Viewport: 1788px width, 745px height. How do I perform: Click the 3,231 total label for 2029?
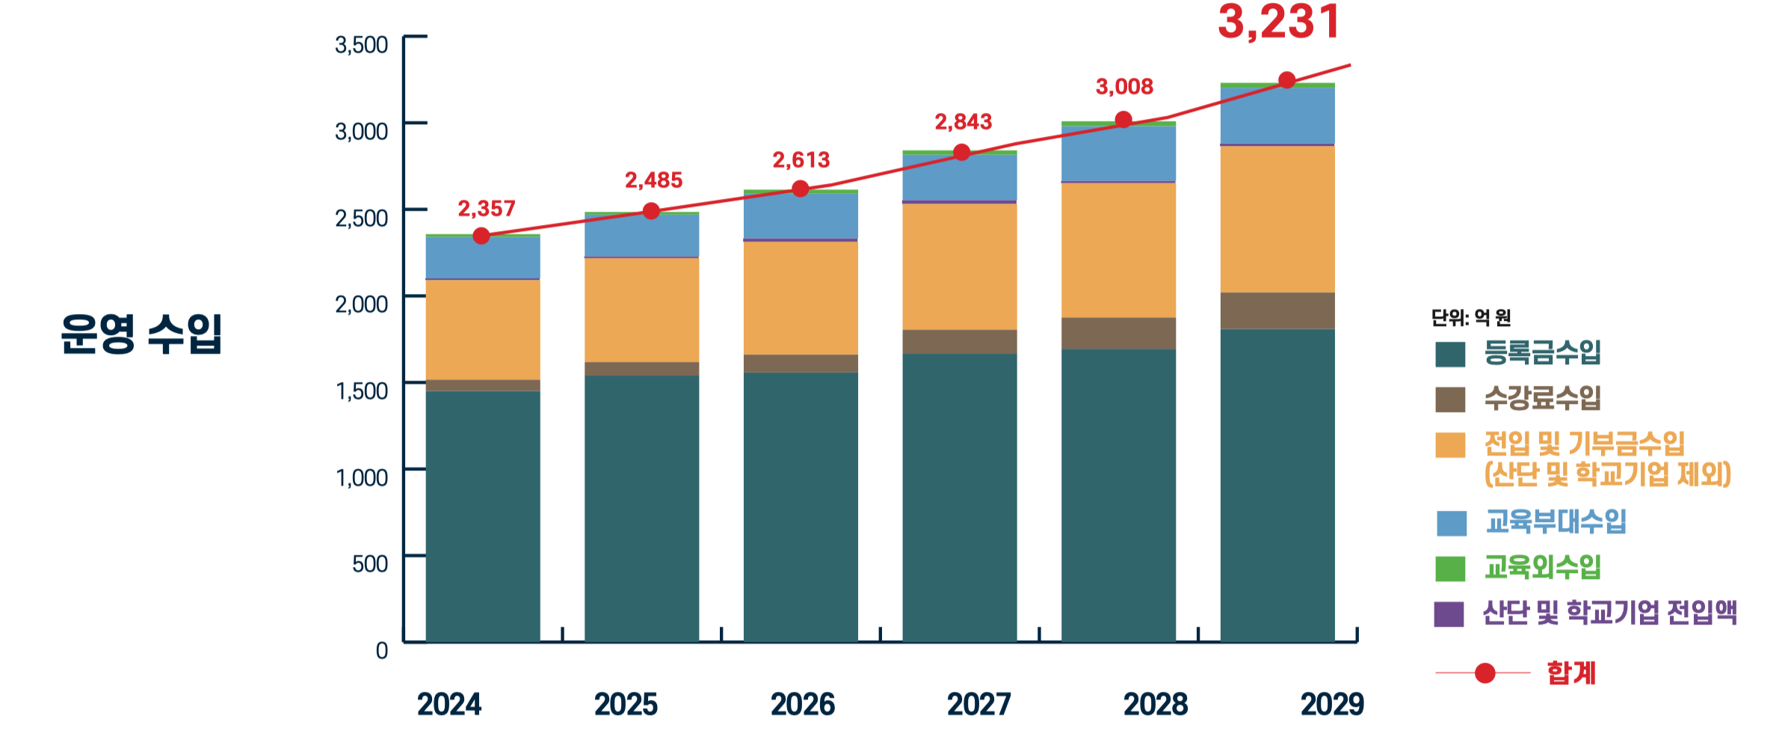(x=1279, y=22)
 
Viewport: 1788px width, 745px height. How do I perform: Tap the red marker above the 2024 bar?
(x=481, y=236)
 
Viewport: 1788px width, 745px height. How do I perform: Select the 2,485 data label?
(x=653, y=180)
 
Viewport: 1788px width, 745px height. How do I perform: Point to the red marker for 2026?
(x=800, y=188)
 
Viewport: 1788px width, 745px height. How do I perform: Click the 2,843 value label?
(x=963, y=122)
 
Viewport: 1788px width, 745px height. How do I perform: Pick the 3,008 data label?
(x=1124, y=87)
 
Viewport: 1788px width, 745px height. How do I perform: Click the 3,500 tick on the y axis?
(x=361, y=45)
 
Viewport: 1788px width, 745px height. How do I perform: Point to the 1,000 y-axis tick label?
(x=362, y=477)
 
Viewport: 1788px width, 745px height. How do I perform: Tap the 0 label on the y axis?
(x=381, y=650)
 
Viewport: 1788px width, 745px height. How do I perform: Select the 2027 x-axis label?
(x=978, y=704)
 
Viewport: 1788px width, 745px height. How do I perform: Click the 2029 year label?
(x=1332, y=704)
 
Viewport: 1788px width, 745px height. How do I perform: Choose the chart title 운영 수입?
(x=141, y=333)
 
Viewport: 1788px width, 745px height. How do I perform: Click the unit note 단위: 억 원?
(x=1470, y=318)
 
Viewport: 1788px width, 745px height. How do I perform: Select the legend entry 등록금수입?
(x=1542, y=352)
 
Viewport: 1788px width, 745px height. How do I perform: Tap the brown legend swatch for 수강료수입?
(x=1449, y=399)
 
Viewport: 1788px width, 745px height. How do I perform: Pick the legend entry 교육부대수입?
(x=1555, y=521)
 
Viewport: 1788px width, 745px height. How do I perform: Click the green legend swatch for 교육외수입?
(x=1449, y=568)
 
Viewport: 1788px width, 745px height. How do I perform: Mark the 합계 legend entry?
(x=1570, y=673)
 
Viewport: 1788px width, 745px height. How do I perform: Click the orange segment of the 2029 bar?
(x=1277, y=218)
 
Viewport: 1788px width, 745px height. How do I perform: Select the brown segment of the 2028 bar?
(x=1118, y=334)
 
